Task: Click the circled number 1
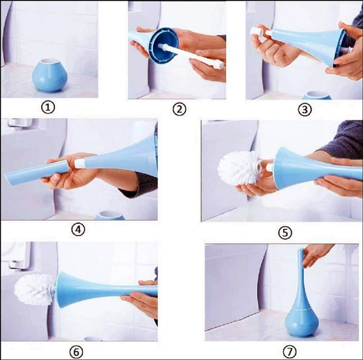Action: [x=48, y=108]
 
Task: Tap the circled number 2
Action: [x=179, y=110]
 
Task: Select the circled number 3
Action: [x=305, y=110]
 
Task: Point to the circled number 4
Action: [x=78, y=230]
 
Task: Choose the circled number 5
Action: [x=285, y=232]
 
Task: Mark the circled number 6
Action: [x=76, y=352]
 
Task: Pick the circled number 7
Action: [x=290, y=352]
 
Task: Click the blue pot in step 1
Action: [x=50, y=76]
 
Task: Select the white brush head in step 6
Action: [x=34, y=289]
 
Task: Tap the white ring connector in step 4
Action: [x=79, y=163]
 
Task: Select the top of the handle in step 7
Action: [x=301, y=249]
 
